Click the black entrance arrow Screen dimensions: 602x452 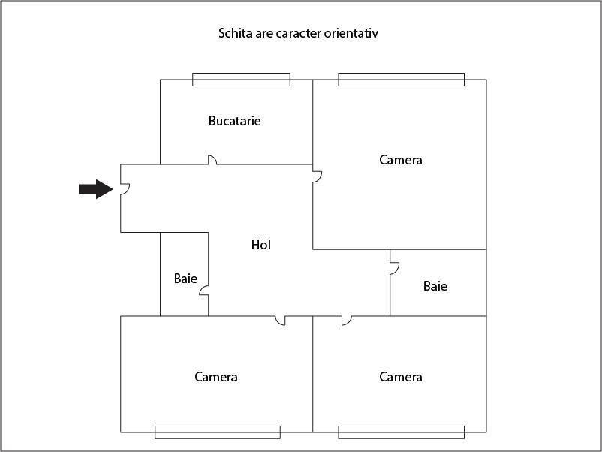96,189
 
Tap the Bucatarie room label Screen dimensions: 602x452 235,121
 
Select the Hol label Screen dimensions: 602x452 261,245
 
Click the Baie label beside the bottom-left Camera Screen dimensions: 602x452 186,279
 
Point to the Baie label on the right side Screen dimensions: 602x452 435,286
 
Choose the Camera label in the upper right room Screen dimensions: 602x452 401,160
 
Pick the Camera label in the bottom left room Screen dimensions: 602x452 216,377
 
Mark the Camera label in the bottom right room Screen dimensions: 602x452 401,377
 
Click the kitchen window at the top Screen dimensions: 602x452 241,80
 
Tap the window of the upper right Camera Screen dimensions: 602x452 401,80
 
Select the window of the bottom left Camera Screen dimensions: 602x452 218,432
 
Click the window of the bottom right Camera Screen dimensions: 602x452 401,432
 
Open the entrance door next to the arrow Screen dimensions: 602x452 125,189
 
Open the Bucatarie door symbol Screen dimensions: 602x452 212,160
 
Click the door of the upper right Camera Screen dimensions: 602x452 317,176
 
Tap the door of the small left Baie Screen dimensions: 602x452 204,291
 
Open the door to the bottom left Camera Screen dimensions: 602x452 281,321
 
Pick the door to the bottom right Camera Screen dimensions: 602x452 347,321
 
